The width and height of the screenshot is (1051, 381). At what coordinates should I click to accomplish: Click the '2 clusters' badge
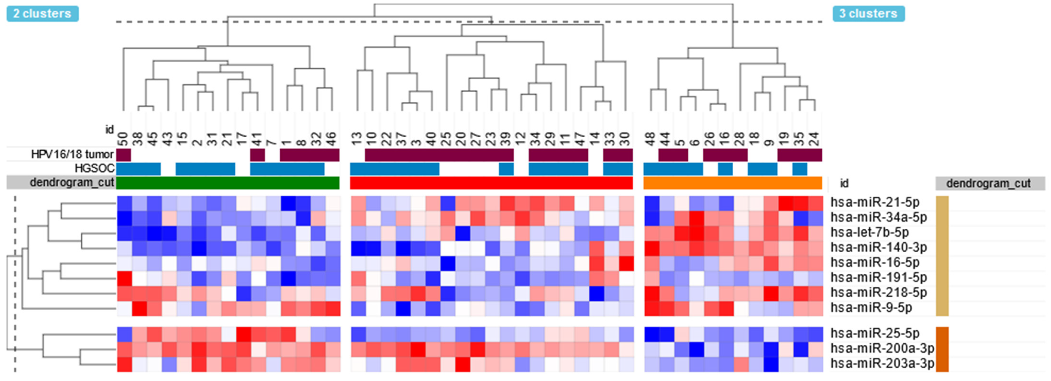pos(42,13)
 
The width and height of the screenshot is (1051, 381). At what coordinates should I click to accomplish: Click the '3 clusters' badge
pos(868,13)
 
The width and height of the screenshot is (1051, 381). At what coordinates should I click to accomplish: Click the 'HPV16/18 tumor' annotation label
pos(72,155)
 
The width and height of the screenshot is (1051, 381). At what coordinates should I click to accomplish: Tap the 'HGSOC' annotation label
pos(94,168)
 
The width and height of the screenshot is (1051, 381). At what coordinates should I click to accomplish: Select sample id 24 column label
pos(814,139)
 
